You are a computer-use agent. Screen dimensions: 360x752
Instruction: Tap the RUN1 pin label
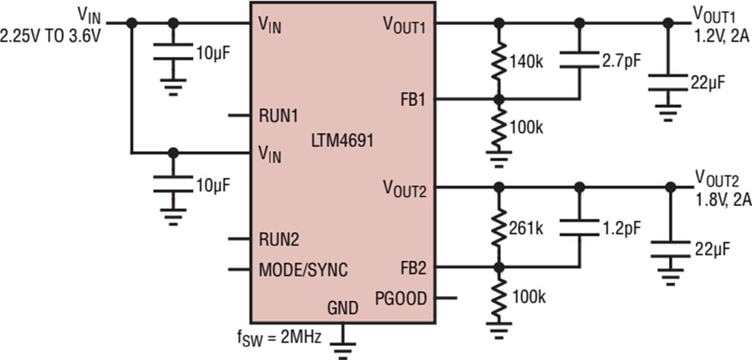[279, 116]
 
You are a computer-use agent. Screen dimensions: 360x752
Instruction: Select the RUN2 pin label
[279, 240]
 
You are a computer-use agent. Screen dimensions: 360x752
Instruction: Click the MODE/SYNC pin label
[303, 269]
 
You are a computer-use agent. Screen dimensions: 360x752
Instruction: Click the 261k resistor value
[526, 228]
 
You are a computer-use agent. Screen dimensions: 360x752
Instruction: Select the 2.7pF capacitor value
[620, 61]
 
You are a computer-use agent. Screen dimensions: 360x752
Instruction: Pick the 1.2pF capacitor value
[620, 227]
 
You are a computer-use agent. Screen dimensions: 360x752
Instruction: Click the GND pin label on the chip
[343, 308]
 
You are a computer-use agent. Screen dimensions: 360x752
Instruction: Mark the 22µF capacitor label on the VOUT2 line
[712, 249]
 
